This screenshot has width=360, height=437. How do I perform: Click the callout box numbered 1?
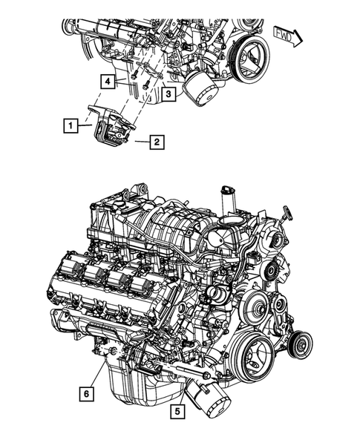point(69,127)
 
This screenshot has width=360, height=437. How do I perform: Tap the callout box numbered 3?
point(169,94)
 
